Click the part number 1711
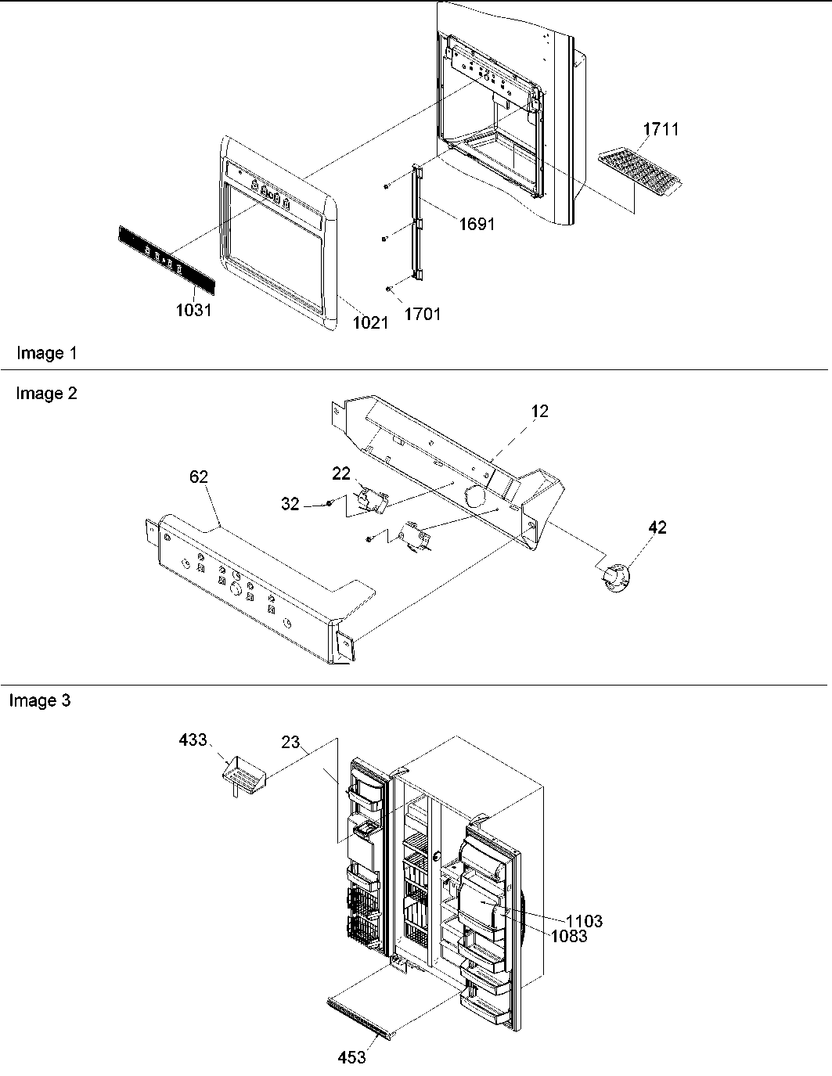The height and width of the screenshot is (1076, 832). click(661, 129)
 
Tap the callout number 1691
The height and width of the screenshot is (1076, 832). click(477, 224)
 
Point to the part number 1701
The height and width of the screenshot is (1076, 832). click(423, 314)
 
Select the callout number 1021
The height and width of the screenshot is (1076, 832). click(370, 322)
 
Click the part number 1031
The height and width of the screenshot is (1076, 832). click(193, 309)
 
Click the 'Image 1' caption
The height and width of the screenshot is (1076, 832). click(47, 353)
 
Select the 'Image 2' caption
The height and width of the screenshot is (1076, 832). click(47, 394)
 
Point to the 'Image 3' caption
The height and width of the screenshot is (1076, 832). click(40, 700)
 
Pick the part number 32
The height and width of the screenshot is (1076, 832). click(290, 504)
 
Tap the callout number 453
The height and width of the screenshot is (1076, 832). click(351, 1057)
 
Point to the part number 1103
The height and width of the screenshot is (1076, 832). click(584, 921)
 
